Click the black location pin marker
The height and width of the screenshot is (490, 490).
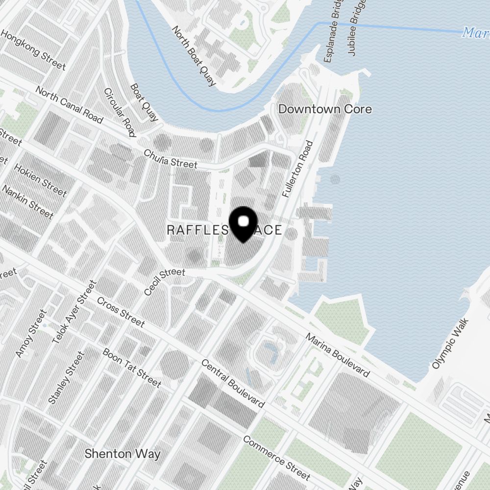[x=243, y=224]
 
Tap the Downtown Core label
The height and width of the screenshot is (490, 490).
[x=325, y=109]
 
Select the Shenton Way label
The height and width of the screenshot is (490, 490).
[x=122, y=454]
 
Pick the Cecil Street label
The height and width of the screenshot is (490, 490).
[x=165, y=282]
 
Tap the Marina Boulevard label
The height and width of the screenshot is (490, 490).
[x=338, y=355]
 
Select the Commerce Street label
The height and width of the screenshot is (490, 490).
[x=276, y=458]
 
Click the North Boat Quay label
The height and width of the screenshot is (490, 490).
[x=194, y=56]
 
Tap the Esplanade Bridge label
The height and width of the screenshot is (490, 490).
[x=331, y=31]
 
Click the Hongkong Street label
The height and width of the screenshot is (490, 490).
[x=33, y=50]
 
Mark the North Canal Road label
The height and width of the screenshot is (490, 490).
[x=69, y=105]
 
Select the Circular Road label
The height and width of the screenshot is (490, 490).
[x=119, y=113]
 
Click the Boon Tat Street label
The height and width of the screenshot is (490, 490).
[x=131, y=367]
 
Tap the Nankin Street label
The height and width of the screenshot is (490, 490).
[x=28, y=202]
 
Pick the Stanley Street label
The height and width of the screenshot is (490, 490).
[x=66, y=378]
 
